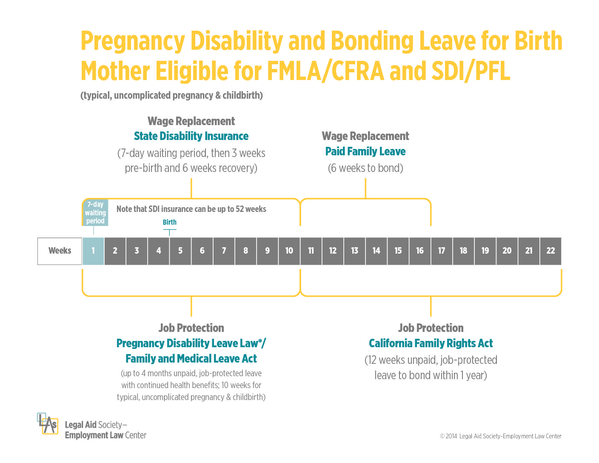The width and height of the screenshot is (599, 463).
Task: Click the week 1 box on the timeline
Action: point(93,251)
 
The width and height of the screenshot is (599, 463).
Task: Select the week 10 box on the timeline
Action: point(289,251)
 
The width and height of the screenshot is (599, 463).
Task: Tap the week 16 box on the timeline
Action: point(420,251)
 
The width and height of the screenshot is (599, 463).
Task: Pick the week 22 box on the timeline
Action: point(551,251)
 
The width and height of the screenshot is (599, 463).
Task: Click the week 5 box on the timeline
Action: point(180,251)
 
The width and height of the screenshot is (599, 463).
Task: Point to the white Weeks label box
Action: point(60,251)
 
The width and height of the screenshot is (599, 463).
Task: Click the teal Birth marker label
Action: point(169,222)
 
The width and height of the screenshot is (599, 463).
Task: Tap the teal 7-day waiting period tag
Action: point(95,213)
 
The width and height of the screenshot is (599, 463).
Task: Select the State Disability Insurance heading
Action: point(191,136)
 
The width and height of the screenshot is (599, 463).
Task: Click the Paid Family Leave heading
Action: point(365,151)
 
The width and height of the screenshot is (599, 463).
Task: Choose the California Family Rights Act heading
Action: point(431,343)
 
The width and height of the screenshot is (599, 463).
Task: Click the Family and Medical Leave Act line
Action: point(191,358)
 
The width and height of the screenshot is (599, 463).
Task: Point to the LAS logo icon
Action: point(47,423)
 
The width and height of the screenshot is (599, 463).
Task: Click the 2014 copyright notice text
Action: point(501,436)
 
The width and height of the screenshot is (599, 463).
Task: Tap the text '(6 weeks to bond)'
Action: point(365,168)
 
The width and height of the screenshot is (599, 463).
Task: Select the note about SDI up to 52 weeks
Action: point(191,209)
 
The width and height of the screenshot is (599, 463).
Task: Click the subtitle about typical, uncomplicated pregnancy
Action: point(171,95)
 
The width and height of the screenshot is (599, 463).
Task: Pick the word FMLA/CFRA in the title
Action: point(325,71)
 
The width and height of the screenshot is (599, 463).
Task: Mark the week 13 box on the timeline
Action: point(354,251)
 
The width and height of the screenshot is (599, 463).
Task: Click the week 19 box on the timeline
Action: point(485,251)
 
